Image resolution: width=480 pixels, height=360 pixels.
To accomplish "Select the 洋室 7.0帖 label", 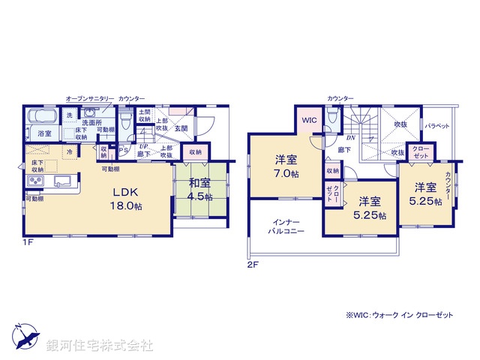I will pos(285,166).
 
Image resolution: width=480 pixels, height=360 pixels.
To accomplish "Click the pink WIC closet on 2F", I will pos(309,120).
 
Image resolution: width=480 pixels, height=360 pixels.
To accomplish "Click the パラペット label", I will pos(436,126).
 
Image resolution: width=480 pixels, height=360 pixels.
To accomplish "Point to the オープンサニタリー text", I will pos(90,99).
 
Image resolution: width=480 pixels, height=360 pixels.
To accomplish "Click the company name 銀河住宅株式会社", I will pos(99,345).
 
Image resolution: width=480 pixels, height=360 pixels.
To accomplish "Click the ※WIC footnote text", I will pos(399,316).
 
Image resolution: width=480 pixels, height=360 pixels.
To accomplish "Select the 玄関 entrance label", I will pos(181,128).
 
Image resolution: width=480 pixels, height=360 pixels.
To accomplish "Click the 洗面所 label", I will pos(91,123).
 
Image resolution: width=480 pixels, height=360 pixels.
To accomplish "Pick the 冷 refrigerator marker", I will pos(69,152).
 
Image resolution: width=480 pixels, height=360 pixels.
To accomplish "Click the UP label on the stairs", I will pos(142,147).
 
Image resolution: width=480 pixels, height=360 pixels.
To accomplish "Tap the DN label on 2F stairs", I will pos(350,137).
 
